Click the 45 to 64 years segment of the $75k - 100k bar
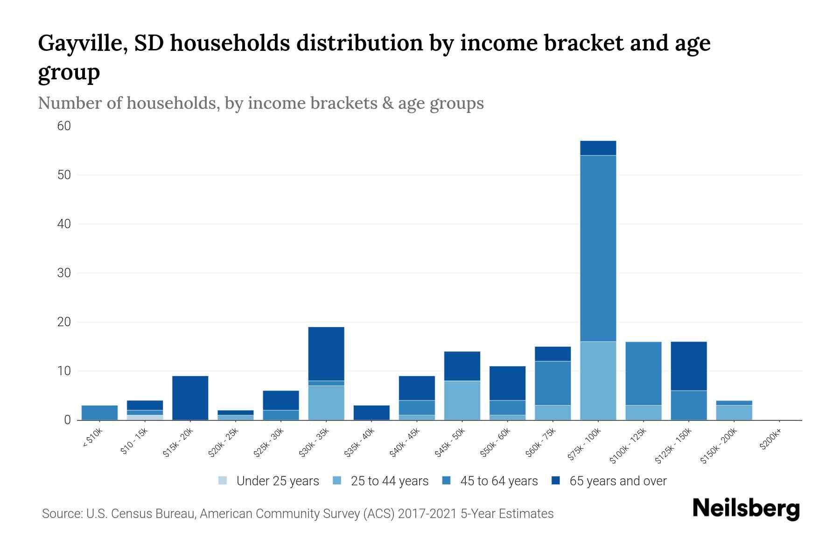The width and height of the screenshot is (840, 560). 598,248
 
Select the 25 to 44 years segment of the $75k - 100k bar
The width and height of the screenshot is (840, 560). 598,380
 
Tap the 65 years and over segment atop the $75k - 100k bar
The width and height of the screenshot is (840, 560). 598,148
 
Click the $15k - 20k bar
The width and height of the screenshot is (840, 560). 190,398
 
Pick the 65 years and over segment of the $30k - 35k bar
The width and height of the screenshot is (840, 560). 326,354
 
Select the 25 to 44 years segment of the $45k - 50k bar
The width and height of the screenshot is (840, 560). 462,400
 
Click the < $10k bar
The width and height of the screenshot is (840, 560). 99,413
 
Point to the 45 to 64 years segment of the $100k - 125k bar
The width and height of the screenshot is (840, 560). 643,373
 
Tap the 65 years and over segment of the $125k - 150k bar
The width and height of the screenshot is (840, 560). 688,366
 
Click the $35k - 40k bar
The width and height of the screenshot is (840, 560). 371,413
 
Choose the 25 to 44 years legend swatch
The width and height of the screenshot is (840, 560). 337,481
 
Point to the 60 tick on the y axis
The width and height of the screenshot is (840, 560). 64,126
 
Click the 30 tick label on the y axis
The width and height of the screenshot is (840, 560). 64,273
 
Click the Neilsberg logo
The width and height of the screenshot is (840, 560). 746,508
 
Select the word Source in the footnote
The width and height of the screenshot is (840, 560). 61,514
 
